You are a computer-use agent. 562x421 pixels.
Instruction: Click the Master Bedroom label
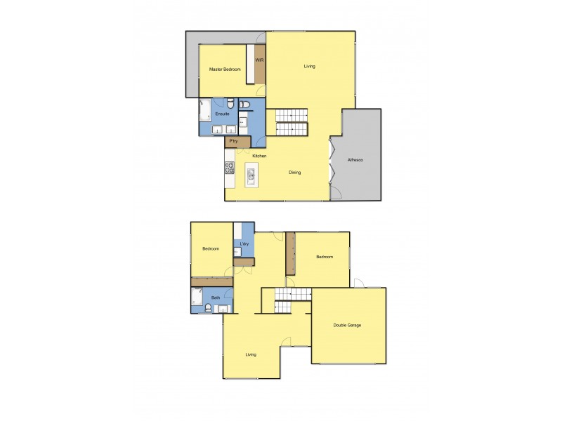click(x=225, y=69)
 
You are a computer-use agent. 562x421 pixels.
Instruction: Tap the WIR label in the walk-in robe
click(x=259, y=60)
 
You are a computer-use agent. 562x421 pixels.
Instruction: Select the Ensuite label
click(x=222, y=114)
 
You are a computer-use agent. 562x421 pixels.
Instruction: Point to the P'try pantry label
click(x=233, y=142)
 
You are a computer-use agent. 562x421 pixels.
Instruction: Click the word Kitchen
click(x=259, y=156)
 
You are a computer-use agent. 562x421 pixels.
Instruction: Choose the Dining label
click(x=295, y=172)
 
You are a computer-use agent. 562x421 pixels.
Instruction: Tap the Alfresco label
click(x=355, y=161)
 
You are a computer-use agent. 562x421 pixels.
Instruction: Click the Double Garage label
click(x=347, y=326)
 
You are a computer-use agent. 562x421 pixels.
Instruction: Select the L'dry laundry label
click(x=244, y=244)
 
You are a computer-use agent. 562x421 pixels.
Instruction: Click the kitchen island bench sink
click(x=251, y=174)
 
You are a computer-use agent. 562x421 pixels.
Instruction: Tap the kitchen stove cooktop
click(x=229, y=168)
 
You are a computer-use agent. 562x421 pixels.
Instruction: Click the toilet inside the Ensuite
click(x=244, y=105)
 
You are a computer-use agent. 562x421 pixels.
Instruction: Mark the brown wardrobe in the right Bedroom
click(x=288, y=254)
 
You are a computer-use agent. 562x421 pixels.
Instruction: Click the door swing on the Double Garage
click(x=358, y=283)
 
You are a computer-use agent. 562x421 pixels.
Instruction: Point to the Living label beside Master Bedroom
click(x=309, y=67)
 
